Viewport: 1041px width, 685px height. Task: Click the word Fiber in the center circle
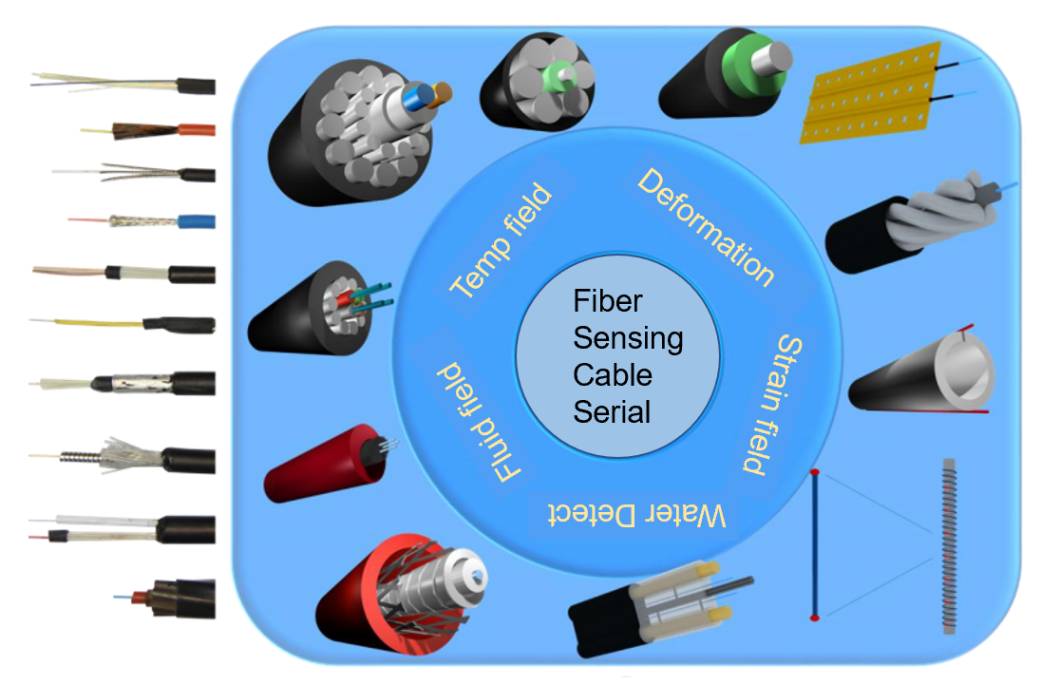(608, 302)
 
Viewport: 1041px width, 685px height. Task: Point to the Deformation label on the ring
(705, 226)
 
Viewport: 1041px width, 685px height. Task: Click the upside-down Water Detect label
(638, 514)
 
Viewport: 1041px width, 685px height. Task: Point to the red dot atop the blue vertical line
(814, 471)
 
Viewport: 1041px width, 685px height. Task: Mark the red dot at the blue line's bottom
(814, 618)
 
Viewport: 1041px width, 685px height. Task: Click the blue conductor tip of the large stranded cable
(414, 97)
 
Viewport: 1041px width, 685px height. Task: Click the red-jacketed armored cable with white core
(400, 589)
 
